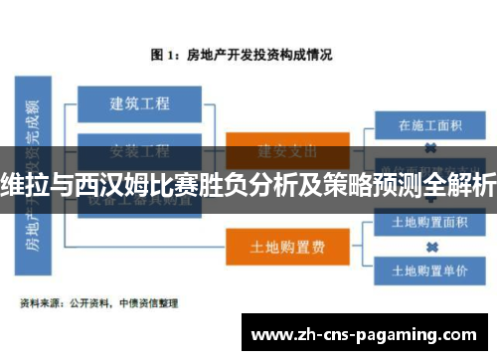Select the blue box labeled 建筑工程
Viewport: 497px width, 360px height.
click(x=138, y=102)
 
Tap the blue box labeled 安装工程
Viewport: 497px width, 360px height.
click(x=138, y=151)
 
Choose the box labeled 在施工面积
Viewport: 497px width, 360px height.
click(x=430, y=125)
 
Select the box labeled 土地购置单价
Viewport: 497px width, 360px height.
click(x=430, y=269)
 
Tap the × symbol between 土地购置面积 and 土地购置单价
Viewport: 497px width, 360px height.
click(x=430, y=246)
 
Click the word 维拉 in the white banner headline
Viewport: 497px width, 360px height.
click(x=25, y=184)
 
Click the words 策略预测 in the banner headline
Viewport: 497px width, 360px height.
click(x=370, y=184)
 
